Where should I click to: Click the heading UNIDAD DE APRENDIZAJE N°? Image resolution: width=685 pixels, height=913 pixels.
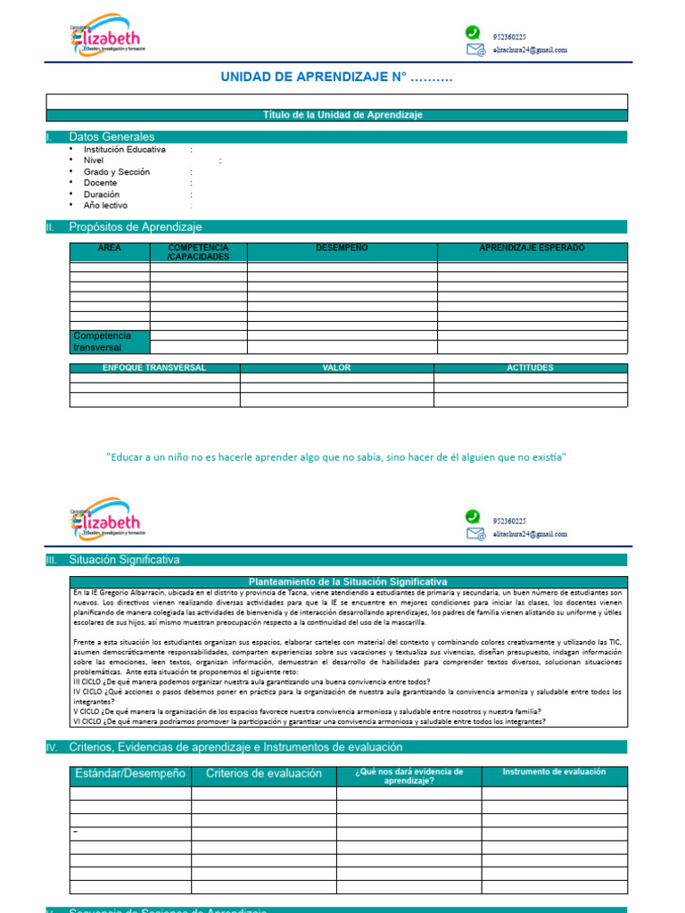[336, 78]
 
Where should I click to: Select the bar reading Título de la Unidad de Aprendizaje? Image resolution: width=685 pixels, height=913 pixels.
[342, 115]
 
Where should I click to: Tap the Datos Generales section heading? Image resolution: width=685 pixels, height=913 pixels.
[111, 137]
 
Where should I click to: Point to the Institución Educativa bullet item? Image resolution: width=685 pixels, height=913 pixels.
[124, 150]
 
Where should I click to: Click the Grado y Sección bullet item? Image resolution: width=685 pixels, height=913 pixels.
[117, 172]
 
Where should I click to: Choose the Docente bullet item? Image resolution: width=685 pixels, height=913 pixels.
[100, 183]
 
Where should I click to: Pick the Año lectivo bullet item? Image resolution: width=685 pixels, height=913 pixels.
[105, 205]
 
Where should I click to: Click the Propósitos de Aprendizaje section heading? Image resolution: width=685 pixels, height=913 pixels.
[136, 227]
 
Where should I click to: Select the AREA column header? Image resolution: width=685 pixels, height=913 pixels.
[110, 248]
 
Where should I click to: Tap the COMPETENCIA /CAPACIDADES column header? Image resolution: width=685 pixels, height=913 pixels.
[198, 252]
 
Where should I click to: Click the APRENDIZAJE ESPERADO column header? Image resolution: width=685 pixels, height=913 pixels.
[532, 248]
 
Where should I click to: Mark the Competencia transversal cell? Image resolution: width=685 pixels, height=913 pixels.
[102, 341]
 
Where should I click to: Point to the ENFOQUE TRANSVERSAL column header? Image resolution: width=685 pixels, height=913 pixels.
[154, 367]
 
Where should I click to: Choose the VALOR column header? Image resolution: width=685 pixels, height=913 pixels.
[336, 367]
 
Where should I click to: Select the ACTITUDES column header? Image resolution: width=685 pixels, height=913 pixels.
[530, 367]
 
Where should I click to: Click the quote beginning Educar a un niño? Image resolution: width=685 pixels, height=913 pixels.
[336, 457]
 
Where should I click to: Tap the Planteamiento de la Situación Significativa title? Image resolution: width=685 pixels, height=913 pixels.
[348, 581]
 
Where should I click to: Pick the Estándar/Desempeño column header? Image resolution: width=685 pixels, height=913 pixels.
[130, 774]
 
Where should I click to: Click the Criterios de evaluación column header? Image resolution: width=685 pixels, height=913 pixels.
[264, 774]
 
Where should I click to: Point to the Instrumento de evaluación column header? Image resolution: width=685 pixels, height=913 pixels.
[554, 772]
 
